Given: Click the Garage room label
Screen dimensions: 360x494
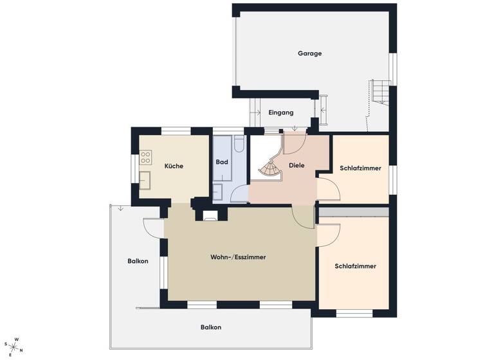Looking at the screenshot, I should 309,53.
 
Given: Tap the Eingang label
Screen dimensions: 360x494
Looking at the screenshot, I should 280,113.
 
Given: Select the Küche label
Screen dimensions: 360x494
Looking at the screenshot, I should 174,166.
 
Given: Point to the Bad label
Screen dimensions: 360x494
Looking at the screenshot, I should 222,163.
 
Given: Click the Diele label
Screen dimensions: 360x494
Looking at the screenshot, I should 297,165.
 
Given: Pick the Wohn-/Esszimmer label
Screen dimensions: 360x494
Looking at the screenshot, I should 238,257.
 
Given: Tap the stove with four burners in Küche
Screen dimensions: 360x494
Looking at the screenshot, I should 146,156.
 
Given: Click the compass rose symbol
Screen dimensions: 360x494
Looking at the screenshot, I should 14,347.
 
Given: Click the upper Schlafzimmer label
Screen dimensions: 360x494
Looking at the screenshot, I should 360,168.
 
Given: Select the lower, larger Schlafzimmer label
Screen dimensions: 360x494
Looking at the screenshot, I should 355,266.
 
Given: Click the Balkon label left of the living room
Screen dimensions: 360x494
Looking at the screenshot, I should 138,261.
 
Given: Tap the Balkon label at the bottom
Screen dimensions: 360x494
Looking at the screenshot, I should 210,327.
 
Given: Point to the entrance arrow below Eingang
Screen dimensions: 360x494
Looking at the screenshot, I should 295,127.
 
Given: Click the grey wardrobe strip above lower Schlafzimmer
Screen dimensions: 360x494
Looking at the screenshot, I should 354,211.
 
